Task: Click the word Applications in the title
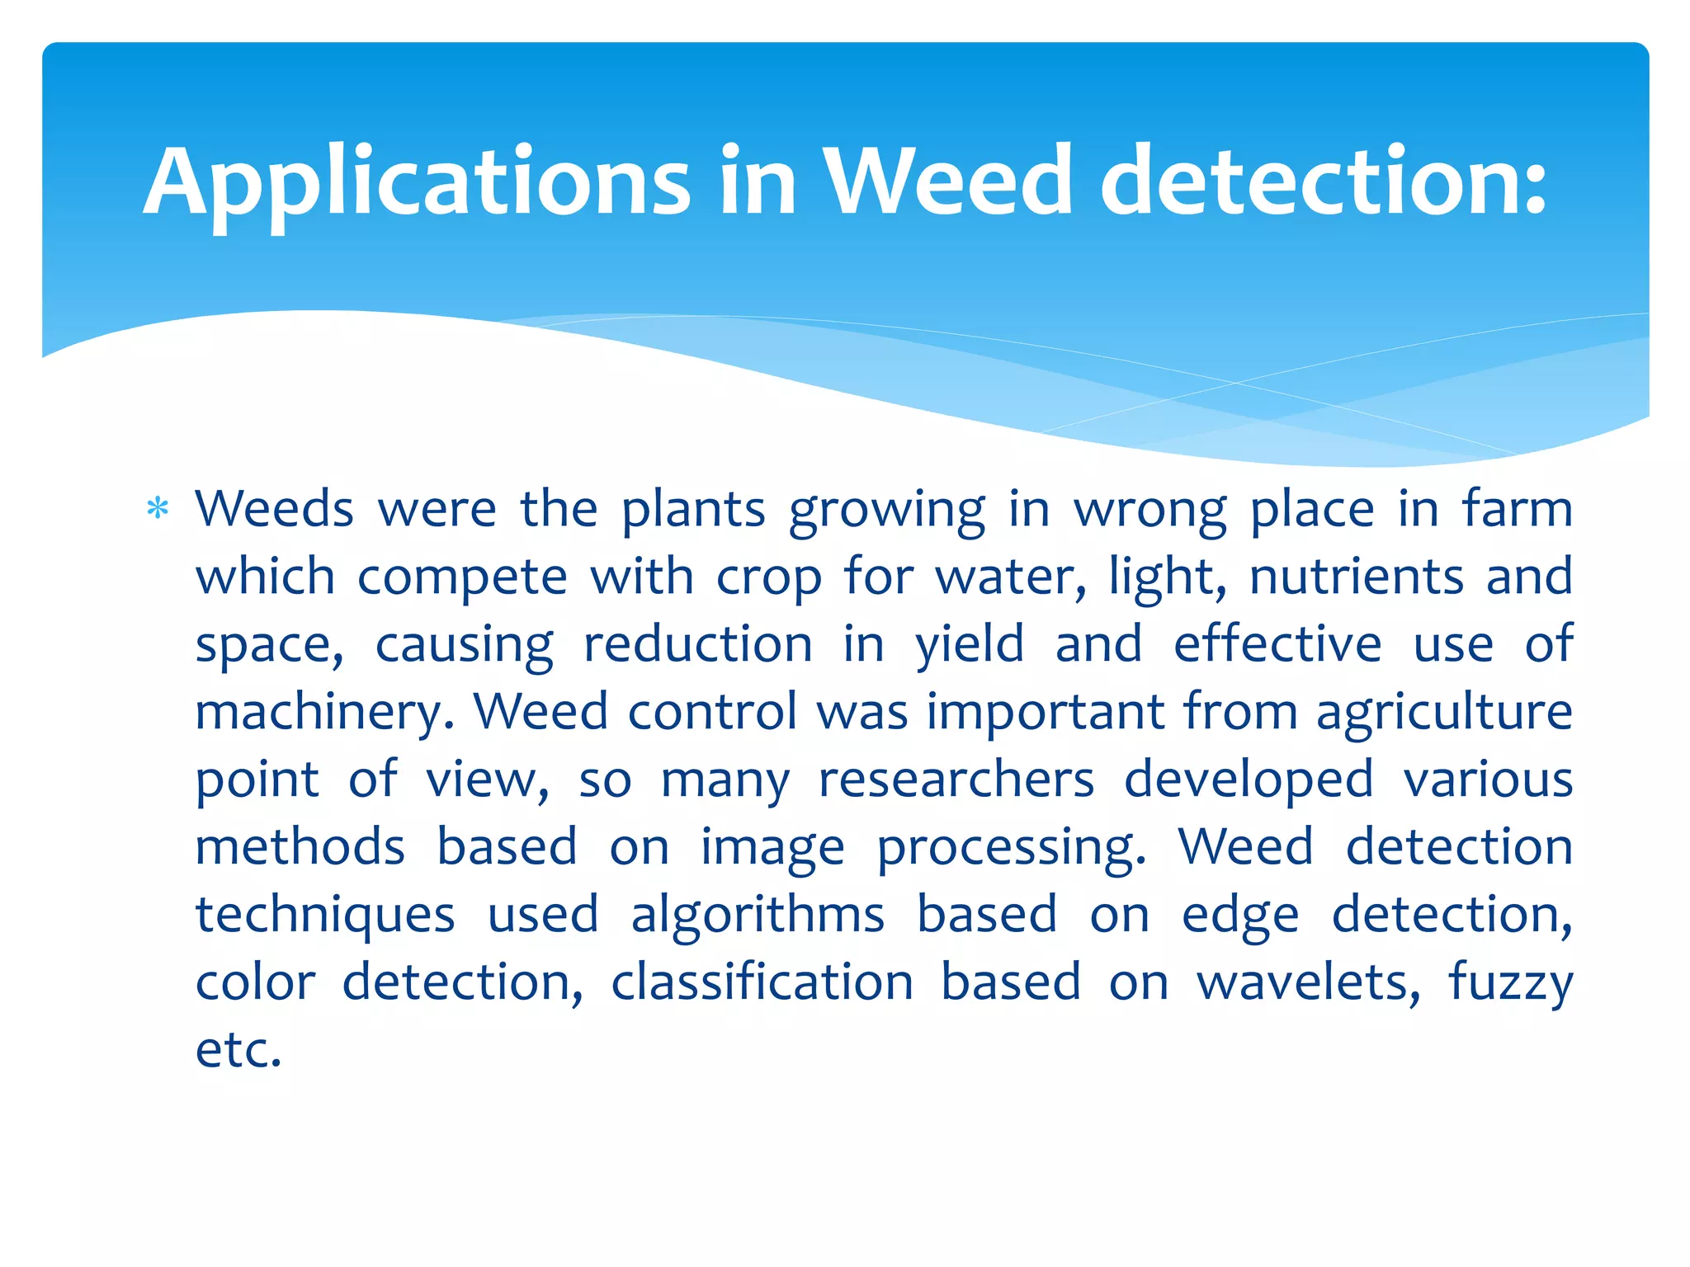tap(417, 183)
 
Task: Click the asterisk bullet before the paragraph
tap(157, 508)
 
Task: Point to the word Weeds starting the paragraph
tap(274, 509)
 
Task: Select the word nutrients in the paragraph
tap(1356, 577)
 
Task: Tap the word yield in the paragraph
tap(970, 644)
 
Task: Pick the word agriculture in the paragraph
tap(1444, 713)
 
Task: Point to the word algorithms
tap(758, 916)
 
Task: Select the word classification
tap(762, 982)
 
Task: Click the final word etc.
tap(238, 1051)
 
